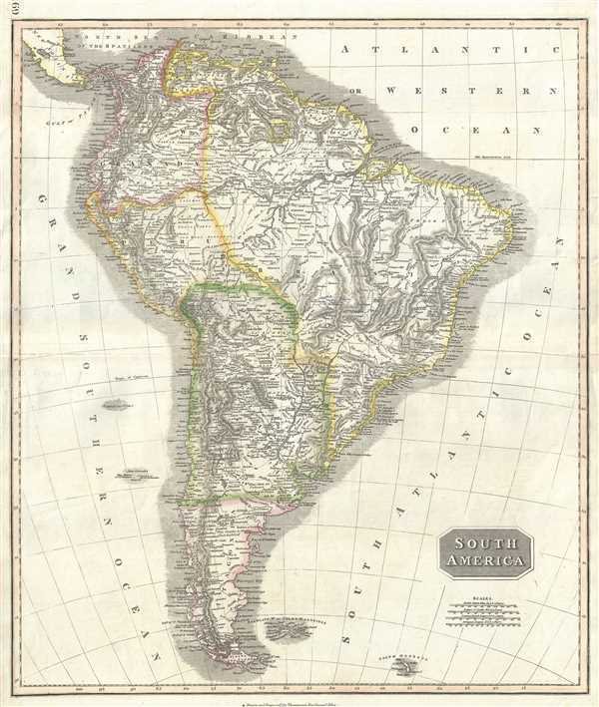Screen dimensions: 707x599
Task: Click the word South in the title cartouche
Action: pos(484,545)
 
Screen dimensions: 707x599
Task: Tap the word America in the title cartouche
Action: pos(484,562)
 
